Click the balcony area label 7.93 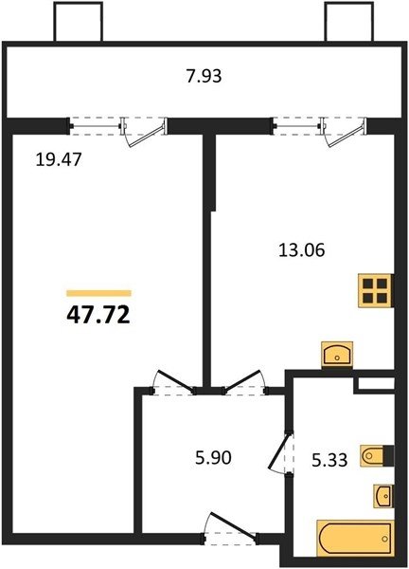click(x=204, y=77)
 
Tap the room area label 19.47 click(x=59, y=159)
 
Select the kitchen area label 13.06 click(x=302, y=250)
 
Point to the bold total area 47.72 click(x=98, y=315)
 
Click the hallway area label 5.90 click(x=213, y=458)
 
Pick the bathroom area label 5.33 click(x=329, y=460)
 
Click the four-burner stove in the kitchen click(x=375, y=291)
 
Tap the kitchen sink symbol click(x=337, y=354)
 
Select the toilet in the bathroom click(x=372, y=456)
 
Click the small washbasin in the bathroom click(x=383, y=496)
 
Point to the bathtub click(x=355, y=539)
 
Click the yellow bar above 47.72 click(x=98, y=293)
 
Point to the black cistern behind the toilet click(x=389, y=455)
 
